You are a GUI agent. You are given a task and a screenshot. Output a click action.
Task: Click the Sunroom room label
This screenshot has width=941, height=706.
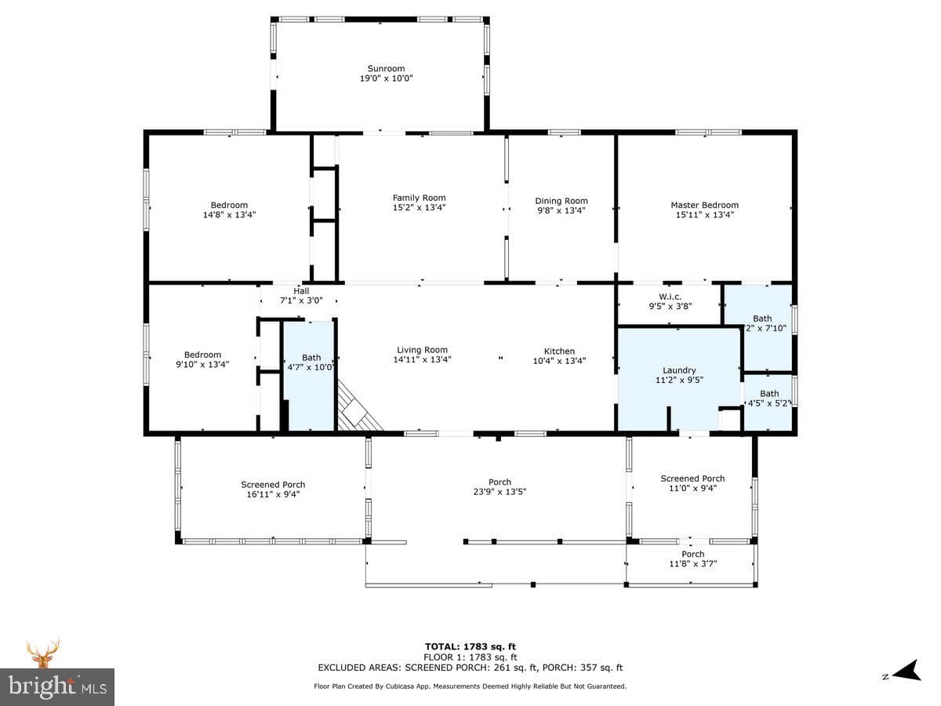[386, 68]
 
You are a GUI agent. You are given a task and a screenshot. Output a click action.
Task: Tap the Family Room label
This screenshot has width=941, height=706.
[419, 198]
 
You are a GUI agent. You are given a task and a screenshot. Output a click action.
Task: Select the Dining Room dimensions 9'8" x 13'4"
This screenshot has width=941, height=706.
[561, 210]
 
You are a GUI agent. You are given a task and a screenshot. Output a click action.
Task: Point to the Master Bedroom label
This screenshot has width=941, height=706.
[704, 205]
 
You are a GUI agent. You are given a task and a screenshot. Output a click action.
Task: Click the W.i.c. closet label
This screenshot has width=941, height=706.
[670, 297]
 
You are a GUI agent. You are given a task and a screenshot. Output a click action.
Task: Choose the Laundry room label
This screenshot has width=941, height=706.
[679, 370]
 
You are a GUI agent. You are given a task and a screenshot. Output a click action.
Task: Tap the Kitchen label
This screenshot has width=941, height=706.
[559, 351]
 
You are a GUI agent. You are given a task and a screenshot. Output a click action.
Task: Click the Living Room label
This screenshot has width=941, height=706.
[422, 350]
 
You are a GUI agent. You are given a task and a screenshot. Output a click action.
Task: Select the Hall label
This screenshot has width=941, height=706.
[301, 291]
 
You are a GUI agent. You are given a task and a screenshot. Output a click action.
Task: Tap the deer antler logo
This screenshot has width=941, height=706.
[43, 653]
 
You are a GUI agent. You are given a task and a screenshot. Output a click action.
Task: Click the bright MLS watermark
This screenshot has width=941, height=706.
[57, 687]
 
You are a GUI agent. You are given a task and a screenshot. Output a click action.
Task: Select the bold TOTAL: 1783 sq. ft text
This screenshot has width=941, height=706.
[470, 646]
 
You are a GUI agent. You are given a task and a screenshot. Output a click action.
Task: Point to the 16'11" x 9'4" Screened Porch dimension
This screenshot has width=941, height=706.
[273, 494]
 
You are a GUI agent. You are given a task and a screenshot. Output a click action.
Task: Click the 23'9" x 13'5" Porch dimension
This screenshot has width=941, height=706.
[500, 492]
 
